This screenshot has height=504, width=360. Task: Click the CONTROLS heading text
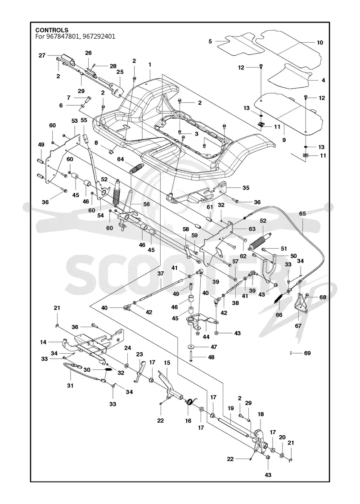pos(52,30)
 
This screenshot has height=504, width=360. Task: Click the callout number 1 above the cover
pos(150,65)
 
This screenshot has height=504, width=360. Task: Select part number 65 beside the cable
pos(302,213)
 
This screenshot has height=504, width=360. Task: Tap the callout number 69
pos(307,353)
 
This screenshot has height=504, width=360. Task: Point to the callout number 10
pos(320,42)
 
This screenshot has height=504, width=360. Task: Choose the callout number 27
pos(42,56)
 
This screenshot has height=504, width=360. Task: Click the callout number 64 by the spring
pos(121,159)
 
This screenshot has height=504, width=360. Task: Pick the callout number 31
pos(70,385)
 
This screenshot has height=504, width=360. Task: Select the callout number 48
pos(211,357)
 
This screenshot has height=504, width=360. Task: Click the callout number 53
pos(75,121)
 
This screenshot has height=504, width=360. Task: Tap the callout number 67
pos(298,326)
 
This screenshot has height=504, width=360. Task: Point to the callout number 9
pos(284,140)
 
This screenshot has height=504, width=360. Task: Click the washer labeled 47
pos(192,346)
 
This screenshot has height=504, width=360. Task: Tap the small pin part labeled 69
pos(291,353)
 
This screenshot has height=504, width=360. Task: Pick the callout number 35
pos(246,188)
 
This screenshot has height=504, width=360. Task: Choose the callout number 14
pos(43,342)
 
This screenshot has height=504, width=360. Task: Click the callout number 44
pos(207,337)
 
